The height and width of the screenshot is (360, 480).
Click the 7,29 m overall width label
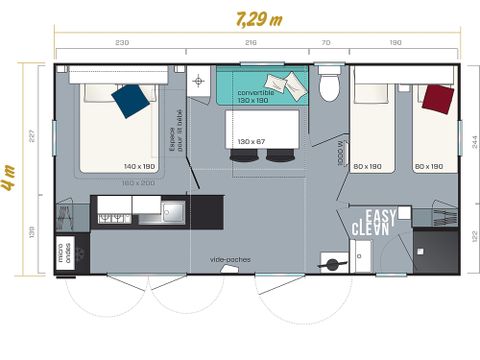pos(258,19)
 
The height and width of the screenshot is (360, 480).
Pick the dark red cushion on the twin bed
pos(436,98)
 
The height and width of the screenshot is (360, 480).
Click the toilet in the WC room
pos(329,88)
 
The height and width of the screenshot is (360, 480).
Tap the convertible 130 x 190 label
pos(257,97)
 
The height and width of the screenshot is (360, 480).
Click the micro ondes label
pos(64,254)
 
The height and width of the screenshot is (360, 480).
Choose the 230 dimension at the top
pos(121,43)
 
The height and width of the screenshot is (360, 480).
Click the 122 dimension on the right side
pos(472,236)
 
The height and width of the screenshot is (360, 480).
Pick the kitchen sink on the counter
pos(174,211)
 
